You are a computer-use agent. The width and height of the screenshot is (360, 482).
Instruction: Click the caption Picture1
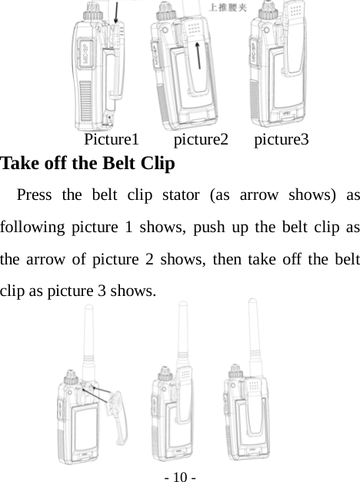[111, 140]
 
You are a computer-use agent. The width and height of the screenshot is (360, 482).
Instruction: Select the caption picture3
[282, 140]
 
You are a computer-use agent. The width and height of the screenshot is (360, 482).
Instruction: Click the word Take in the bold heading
[20, 164]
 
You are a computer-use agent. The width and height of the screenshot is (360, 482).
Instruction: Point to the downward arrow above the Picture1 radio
[115, 12]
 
